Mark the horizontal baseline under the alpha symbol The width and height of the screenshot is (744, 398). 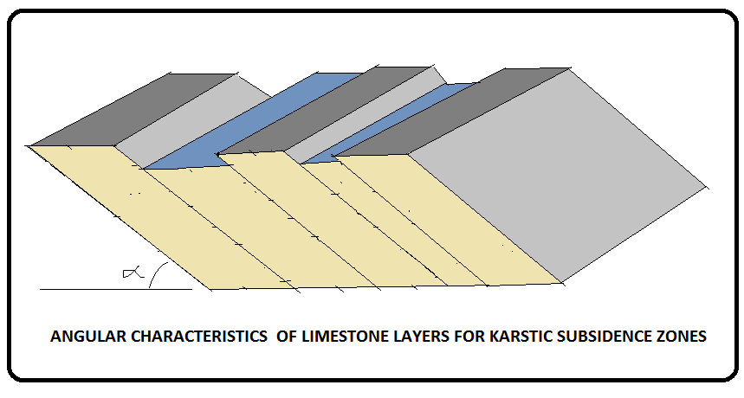104,288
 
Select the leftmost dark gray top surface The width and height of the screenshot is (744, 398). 130,110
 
